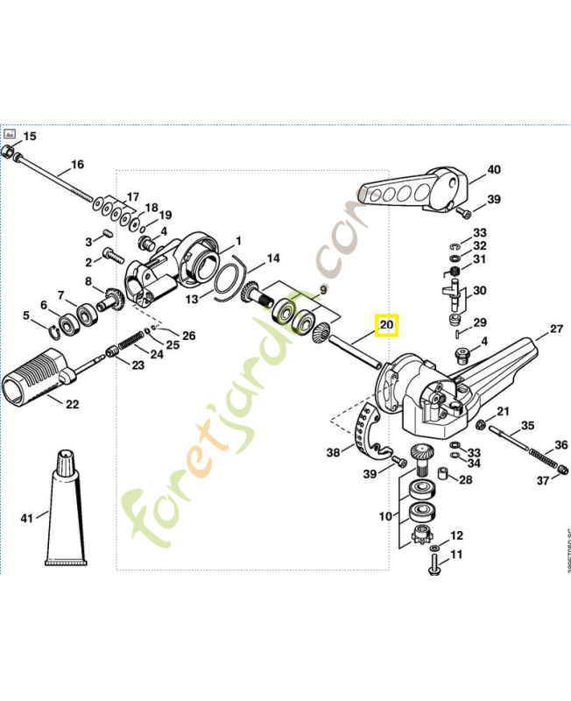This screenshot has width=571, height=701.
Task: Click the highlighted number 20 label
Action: click(x=386, y=327)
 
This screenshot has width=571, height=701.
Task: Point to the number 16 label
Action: click(x=77, y=165)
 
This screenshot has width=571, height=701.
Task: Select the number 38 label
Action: click(x=333, y=453)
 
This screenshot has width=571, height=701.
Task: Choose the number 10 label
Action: click(x=385, y=516)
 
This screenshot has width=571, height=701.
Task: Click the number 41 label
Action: click(x=27, y=519)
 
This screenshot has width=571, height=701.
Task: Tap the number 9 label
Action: click(x=322, y=289)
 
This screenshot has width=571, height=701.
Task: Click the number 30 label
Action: click(x=480, y=291)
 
